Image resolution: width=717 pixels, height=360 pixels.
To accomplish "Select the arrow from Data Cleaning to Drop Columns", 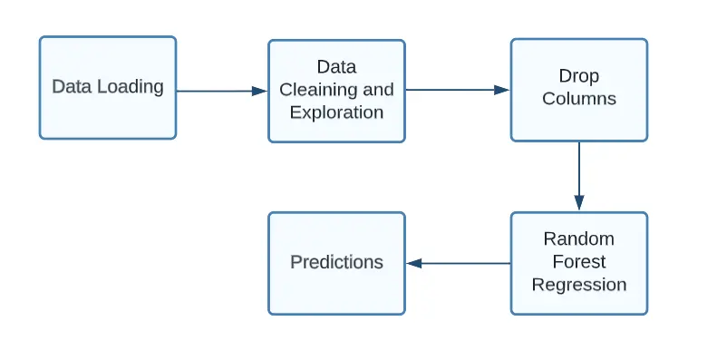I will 457,90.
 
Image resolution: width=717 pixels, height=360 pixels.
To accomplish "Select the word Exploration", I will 336,112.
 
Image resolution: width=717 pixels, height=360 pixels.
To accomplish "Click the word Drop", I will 579,76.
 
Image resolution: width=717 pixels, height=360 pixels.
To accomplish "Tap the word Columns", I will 579,99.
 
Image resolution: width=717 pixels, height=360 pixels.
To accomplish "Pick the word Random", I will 578,239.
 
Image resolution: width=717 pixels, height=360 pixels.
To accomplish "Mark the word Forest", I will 578,262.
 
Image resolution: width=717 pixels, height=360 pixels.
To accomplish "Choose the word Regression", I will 578,285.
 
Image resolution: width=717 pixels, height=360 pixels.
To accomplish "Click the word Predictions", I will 336,262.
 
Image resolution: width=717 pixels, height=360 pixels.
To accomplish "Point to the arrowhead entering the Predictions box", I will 413,263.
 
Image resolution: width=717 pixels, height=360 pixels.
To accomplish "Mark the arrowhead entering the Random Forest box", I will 579,203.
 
